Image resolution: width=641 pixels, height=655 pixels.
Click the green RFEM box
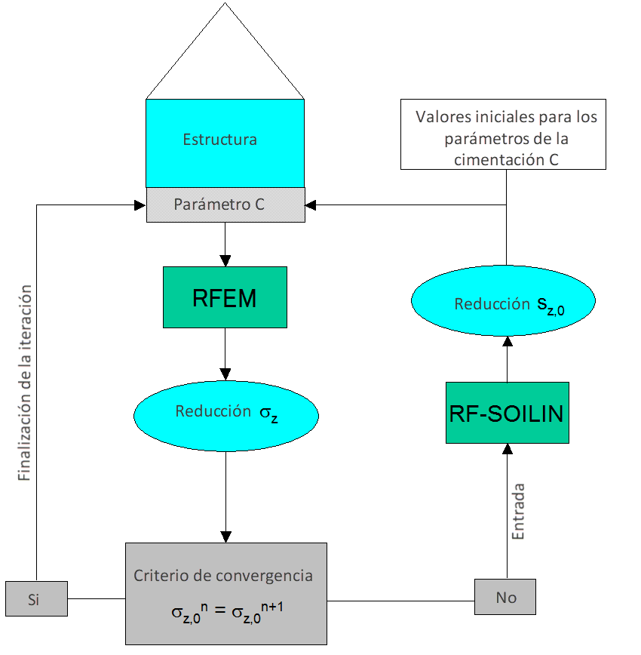[x=225, y=297]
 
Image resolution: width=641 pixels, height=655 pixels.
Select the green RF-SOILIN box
[x=507, y=413]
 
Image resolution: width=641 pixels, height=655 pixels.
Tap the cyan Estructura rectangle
[x=225, y=142]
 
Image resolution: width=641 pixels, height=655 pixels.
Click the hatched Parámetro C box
[x=225, y=204]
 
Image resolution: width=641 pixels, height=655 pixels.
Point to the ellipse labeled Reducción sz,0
[x=504, y=303]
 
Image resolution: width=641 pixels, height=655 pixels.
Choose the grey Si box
[x=35, y=599]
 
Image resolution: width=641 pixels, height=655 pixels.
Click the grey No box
[x=505, y=597]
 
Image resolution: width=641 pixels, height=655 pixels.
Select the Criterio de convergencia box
[x=225, y=593]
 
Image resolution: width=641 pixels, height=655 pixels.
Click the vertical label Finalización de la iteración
[x=26, y=383]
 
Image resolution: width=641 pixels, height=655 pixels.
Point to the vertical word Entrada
[x=518, y=511]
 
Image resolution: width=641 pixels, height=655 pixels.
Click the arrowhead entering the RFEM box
[x=225, y=260]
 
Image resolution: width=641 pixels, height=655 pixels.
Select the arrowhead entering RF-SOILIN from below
[x=507, y=449]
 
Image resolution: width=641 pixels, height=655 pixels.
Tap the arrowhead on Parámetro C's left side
[x=140, y=204]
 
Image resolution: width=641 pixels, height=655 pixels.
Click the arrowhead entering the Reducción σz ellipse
[x=225, y=374]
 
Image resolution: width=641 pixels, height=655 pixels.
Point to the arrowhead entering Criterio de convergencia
[x=225, y=537]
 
